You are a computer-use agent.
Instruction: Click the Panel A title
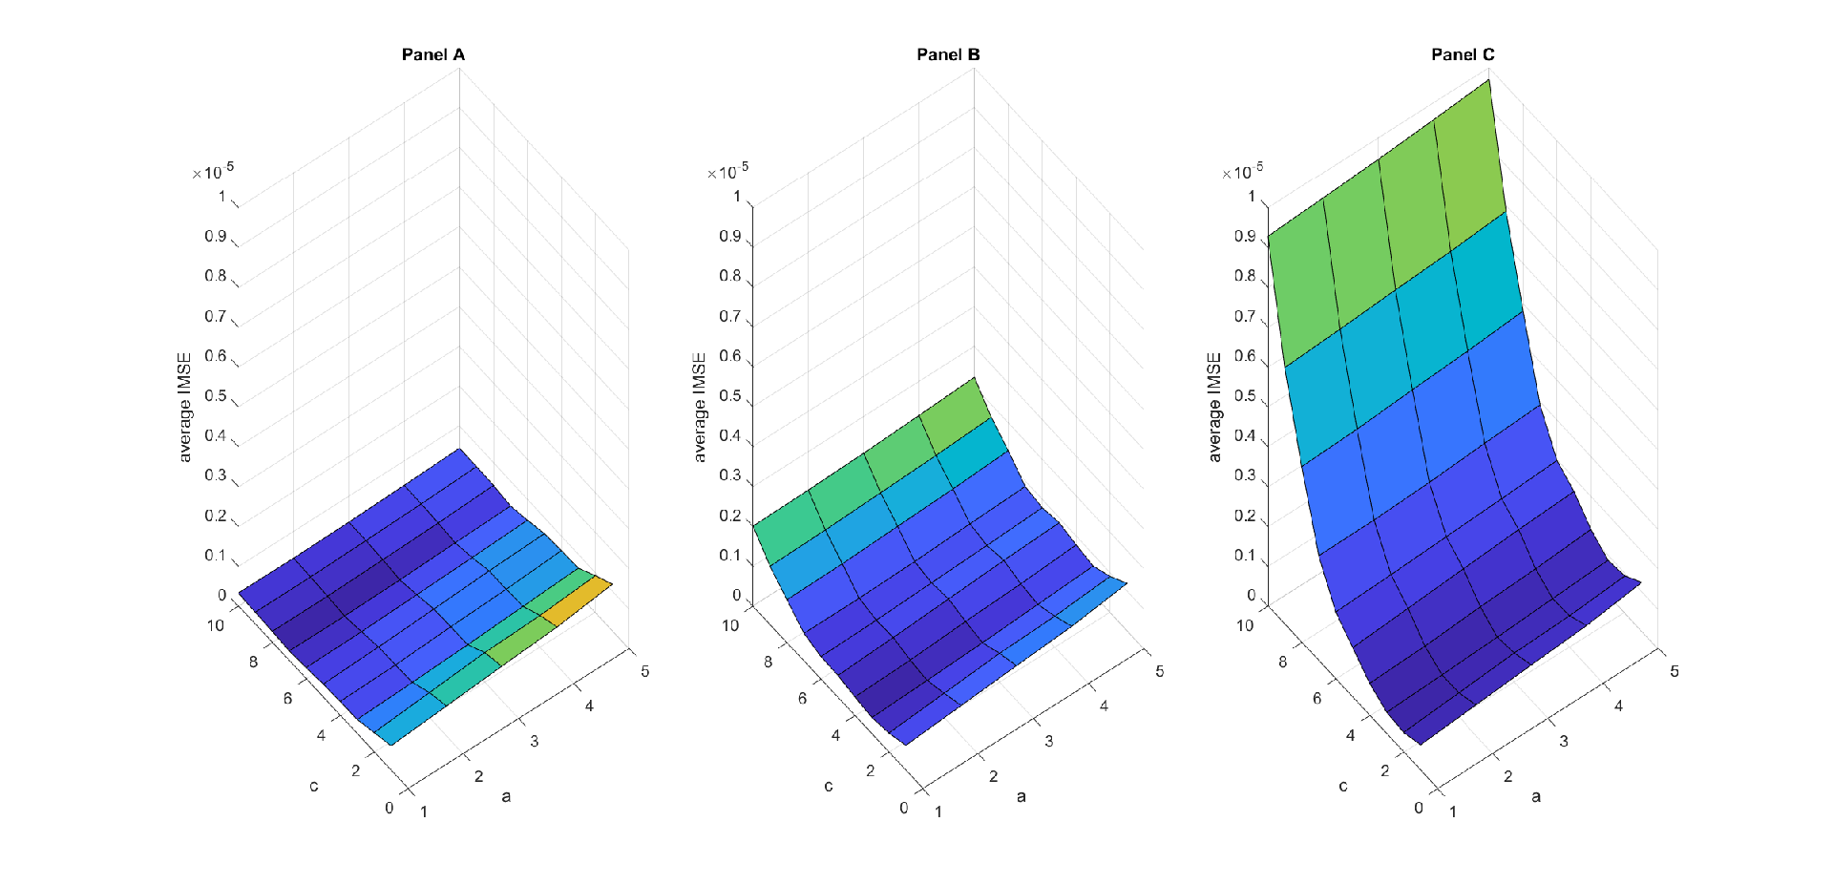click(x=433, y=54)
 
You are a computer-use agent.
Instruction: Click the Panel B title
click(x=948, y=54)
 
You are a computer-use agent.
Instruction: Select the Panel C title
click(x=1463, y=54)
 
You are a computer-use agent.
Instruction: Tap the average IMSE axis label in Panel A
click(x=184, y=407)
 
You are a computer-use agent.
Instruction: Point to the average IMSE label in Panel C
click(x=1214, y=407)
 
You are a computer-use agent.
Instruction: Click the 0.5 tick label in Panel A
click(x=216, y=395)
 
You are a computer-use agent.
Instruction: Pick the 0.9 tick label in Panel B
click(x=730, y=236)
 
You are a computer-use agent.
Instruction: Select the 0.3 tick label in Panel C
click(x=1245, y=474)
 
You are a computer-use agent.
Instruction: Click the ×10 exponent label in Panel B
click(x=727, y=171)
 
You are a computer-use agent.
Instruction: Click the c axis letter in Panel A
click(x=313, y=786)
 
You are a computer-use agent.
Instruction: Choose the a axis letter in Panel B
click(x=1022, y=796)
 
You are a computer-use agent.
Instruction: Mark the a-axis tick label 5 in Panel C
click(x=1675, y=671)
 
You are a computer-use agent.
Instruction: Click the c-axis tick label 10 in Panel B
click(x=730, y=625)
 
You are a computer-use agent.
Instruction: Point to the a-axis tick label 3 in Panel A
click(x=535, y=741)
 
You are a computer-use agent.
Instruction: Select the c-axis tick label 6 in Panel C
click(x=1317, y=698)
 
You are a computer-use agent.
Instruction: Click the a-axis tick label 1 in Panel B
click(x=938, y=811)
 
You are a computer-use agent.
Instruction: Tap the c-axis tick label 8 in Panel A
click(x=253, y=662)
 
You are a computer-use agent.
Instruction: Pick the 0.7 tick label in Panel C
click(x=1245, y=316)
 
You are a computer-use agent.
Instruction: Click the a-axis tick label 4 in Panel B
click(x=1105, y=706)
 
